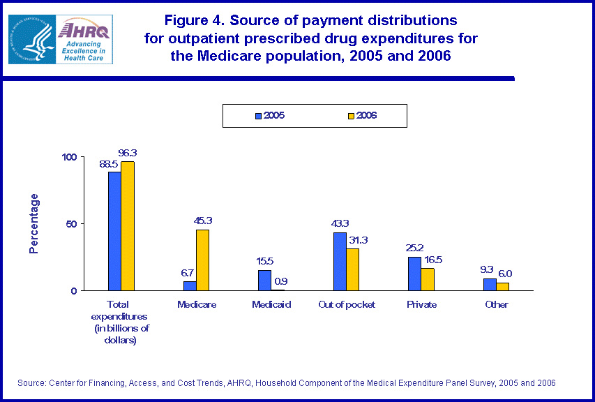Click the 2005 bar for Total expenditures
114,231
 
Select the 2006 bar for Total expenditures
127,226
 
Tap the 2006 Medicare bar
202,260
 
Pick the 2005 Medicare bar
190,285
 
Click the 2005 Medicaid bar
264,280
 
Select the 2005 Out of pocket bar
340,261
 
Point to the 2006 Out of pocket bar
352,269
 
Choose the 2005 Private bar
414,274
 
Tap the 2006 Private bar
427,279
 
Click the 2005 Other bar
490,284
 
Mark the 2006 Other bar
502,286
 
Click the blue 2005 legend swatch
258,116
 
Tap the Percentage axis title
34,223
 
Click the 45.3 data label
203,221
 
